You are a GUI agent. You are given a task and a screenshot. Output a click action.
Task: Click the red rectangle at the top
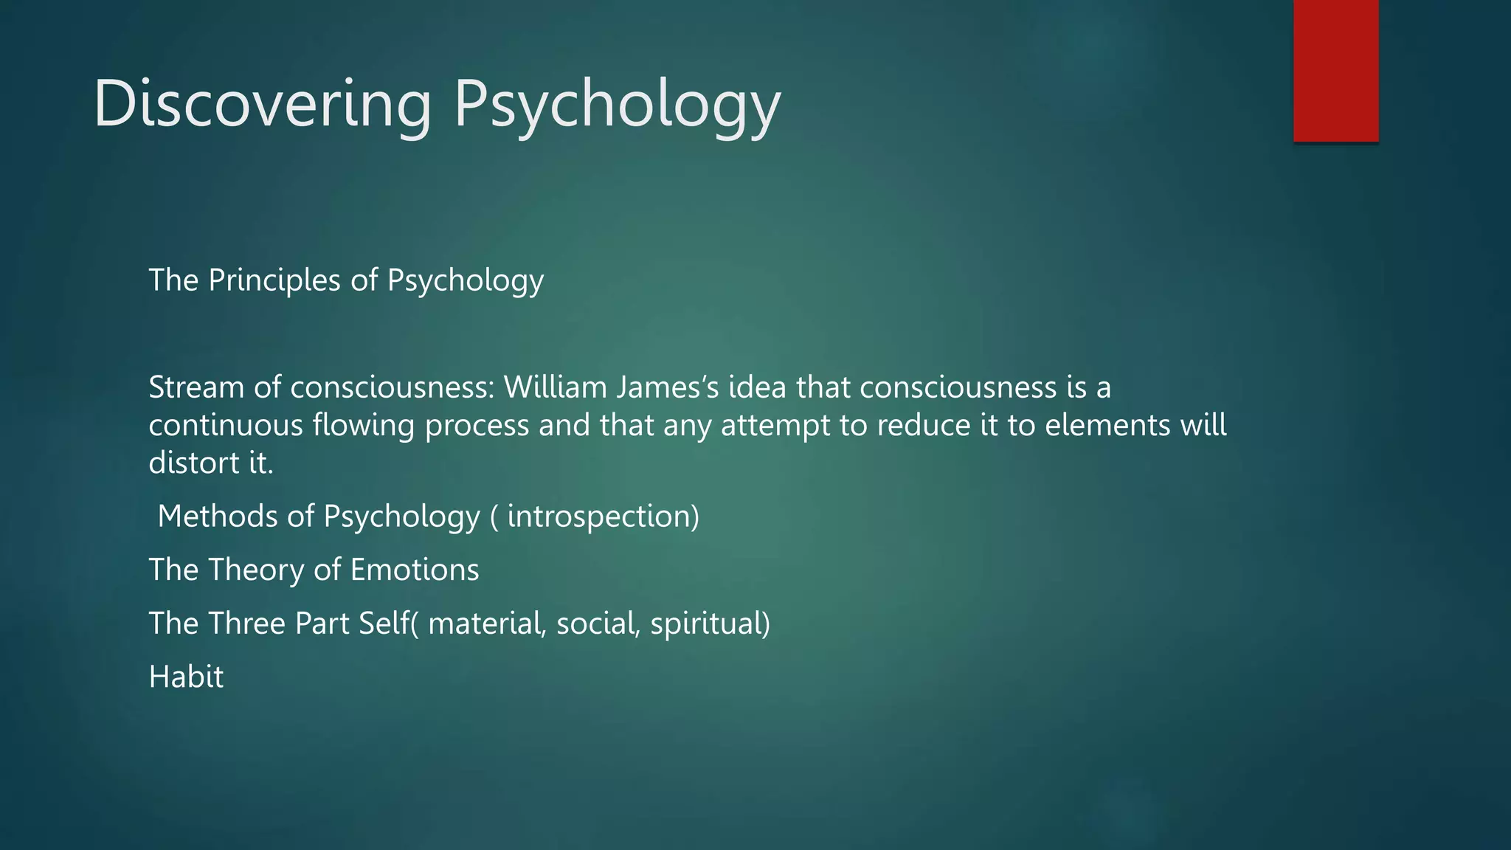pos(1335,70)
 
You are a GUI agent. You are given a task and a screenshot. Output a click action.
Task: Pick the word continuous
pos(226,426)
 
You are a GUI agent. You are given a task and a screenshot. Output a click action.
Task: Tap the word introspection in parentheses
pos(599,516)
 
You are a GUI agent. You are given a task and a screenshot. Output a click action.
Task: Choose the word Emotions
pos(414,570)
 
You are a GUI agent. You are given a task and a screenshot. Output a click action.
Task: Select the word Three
pos(247,623)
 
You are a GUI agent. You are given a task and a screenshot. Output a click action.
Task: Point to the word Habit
pos(186,677)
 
